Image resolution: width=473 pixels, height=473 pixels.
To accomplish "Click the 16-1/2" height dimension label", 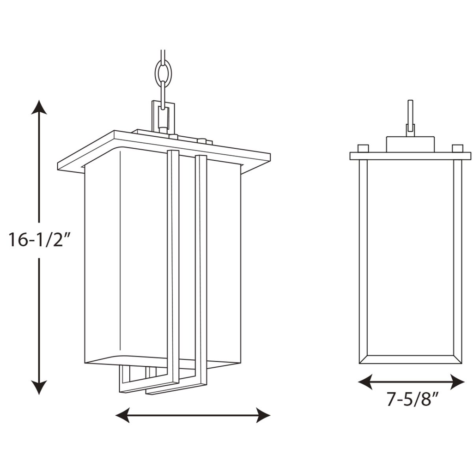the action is (39, 240).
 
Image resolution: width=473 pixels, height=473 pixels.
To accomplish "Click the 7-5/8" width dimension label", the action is (412, 400).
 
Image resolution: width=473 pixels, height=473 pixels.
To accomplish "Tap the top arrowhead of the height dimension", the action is (39, 107).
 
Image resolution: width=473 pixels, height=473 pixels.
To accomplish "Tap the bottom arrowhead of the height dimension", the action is (39, 388).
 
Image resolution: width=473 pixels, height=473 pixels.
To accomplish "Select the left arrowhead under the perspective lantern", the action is (123, 415).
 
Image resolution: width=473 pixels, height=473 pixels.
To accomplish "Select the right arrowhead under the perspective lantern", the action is (263, 415).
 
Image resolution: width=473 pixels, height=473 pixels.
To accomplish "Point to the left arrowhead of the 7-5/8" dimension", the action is (365, 382).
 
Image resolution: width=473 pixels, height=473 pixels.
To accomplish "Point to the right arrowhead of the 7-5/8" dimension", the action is (457, 382).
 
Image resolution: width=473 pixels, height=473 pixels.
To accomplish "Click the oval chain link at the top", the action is (163, 73).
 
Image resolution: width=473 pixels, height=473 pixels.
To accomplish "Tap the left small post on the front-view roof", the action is (363, 148).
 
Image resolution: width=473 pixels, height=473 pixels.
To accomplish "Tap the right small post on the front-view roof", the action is (457, 148).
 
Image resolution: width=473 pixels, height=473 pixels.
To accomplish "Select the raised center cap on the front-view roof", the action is (411, 145).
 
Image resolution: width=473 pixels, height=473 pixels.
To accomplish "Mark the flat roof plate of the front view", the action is (410, 156).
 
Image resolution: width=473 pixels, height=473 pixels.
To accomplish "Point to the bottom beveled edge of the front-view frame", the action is (410, 359).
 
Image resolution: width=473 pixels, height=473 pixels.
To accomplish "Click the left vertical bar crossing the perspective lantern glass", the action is (173, 266).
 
